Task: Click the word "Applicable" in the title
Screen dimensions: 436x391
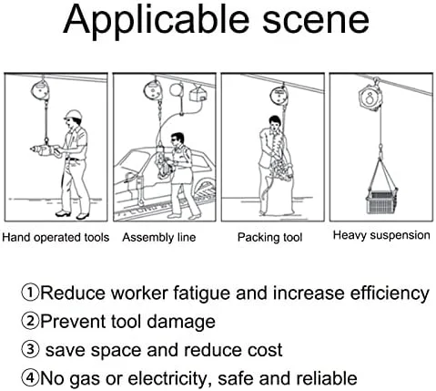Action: (157, 21)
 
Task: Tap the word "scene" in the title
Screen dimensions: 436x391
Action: (316, 21)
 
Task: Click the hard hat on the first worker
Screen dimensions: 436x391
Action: (74, 115)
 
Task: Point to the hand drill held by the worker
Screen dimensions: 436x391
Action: (46, 150)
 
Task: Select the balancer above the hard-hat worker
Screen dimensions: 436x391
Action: (40, 90)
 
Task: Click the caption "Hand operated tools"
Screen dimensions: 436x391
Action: (56, 237)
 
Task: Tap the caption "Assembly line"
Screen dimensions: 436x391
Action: (159, 237)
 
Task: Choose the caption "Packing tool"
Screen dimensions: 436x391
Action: (269, 237)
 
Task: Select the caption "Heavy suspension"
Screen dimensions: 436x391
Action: (381, 235)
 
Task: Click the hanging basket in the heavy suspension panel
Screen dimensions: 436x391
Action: (381, 201)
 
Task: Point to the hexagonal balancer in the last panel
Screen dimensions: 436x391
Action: (370, 98)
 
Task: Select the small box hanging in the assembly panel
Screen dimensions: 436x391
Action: (198, 93)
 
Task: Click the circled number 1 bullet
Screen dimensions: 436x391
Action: (30, 292)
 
